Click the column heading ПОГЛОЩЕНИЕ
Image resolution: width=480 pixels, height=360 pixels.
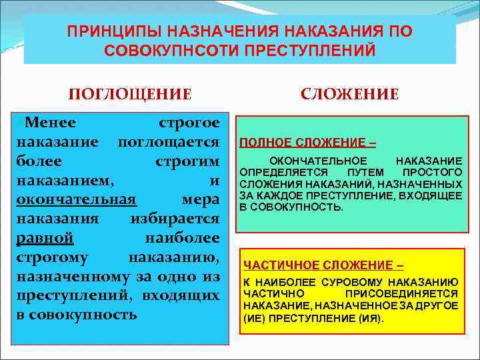point(131,94)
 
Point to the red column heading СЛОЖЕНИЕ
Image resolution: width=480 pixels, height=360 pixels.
point(349,94)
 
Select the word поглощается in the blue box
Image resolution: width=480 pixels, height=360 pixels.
point(168,142)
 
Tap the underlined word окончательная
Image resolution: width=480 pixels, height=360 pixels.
point(77,199)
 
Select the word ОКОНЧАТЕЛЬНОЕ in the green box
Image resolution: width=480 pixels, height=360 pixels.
point(317,161)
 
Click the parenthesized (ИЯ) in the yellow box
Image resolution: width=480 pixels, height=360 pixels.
point(371,318)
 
